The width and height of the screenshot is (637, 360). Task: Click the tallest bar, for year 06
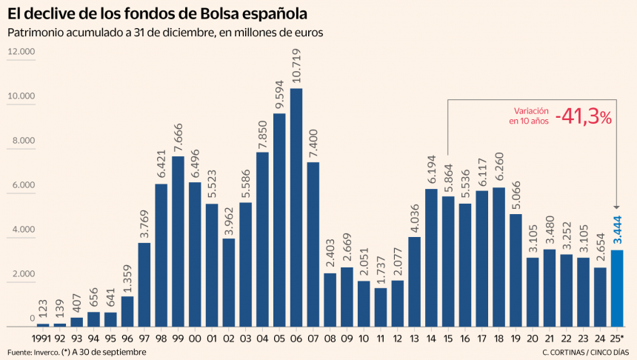[x=296, y=207]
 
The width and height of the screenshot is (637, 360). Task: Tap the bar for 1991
[x=43, y=324]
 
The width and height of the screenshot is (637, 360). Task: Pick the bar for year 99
[x=179, y=241]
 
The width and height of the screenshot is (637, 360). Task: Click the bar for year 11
[x=381, y=307]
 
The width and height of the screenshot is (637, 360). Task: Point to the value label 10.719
[x=296, y=67]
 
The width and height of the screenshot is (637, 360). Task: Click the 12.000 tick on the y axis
[x=21, y=52]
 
